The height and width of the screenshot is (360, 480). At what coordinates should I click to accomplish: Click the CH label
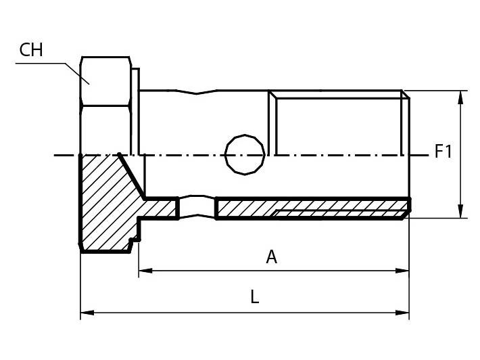coord(32,49)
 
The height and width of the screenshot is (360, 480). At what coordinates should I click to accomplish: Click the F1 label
coord(443,152)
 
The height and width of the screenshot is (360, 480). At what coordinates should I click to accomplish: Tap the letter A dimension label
coord(271,257)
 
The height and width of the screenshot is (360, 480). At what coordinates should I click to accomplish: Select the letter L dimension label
coord(254,297)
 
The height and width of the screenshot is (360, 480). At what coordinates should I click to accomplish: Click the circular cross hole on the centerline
coord(244,154)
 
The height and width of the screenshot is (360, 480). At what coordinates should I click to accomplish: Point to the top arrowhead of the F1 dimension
coord(460,97)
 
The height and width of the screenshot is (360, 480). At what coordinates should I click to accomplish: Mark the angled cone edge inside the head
coord(132,176)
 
